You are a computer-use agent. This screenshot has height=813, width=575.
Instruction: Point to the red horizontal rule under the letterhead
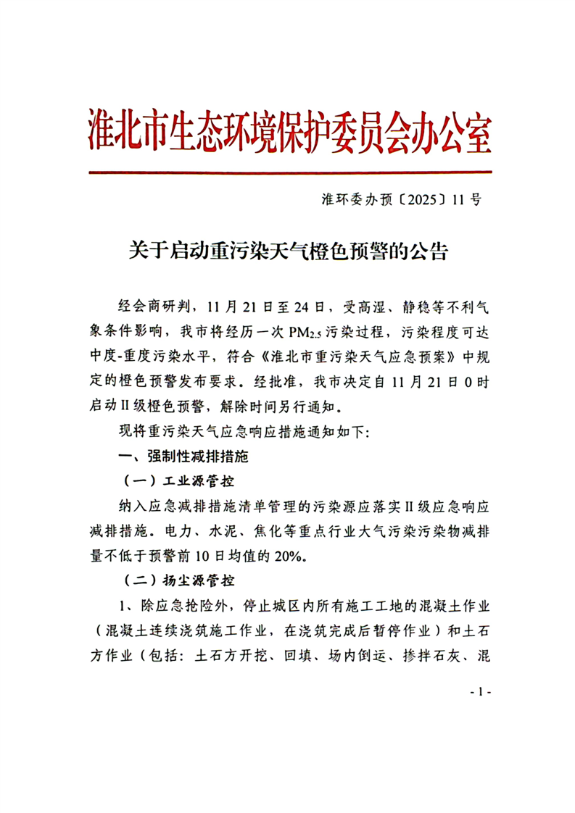(290, 172)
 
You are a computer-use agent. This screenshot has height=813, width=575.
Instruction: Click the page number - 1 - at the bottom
(480, 692)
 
